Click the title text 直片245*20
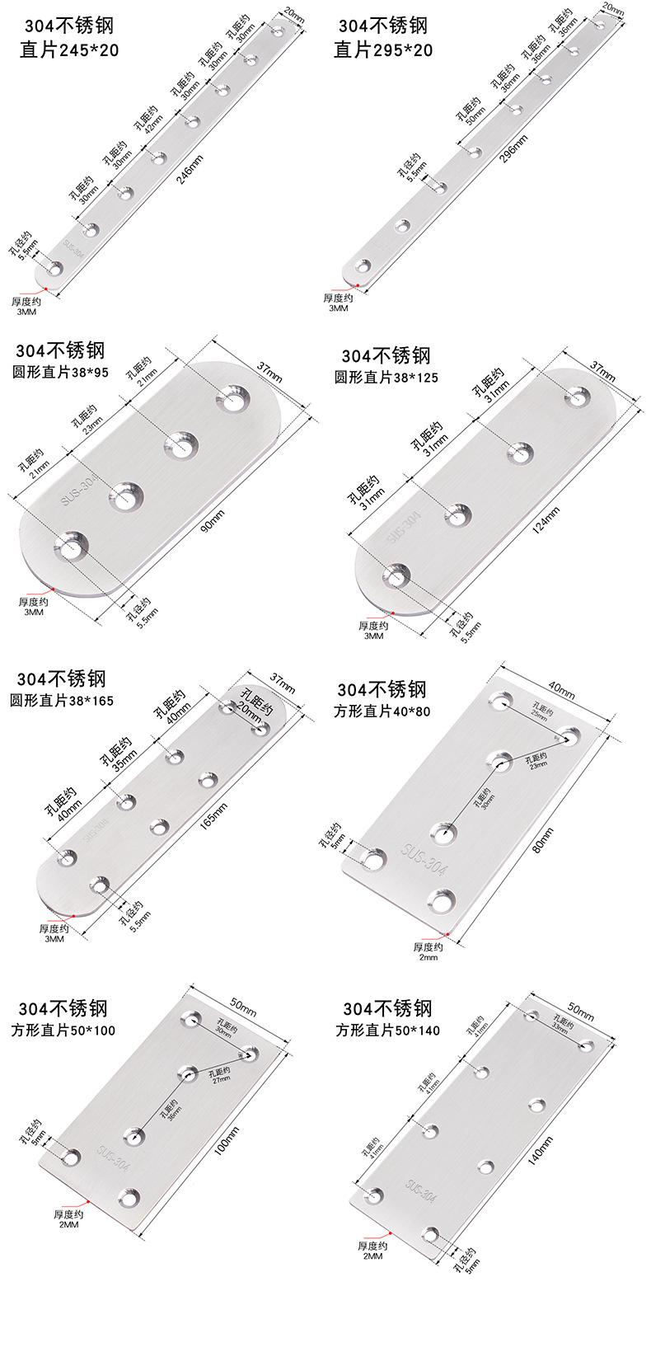click(69, 51)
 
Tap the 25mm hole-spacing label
click(539, 714)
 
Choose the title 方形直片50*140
click(387, 1031)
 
